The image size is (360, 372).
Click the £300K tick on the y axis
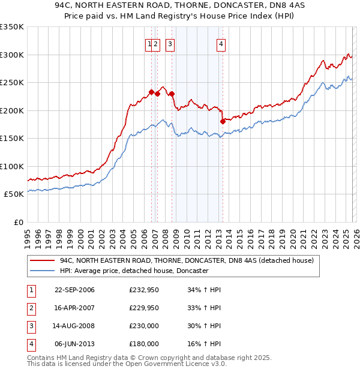tap(11, 55)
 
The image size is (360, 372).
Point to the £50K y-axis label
tap(13, 194)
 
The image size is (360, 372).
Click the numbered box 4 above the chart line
tap(221, 43)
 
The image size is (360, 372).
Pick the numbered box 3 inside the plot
tap(170, 43)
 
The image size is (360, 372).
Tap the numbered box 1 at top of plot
tap(149, 43)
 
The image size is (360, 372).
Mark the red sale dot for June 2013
tap(223, 121)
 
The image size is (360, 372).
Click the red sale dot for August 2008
tap(172, 94)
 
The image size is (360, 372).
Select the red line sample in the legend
tap(43, 261)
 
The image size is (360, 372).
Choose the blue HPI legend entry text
tap(133, 271)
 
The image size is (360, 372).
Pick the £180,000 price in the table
tap(144, 344)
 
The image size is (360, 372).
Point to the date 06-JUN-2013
tap(74, 344)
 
